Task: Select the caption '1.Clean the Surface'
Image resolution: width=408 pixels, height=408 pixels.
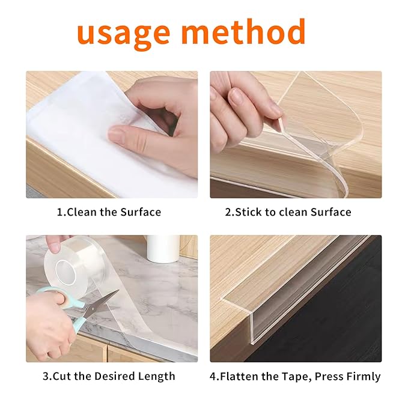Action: pyautogui.click(x=109, y=212)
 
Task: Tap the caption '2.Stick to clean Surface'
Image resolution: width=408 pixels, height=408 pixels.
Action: pyautogui.click(x=288, y=212)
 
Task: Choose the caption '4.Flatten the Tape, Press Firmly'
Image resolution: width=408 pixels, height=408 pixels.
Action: pyautogui.click(x=294, y=377)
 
